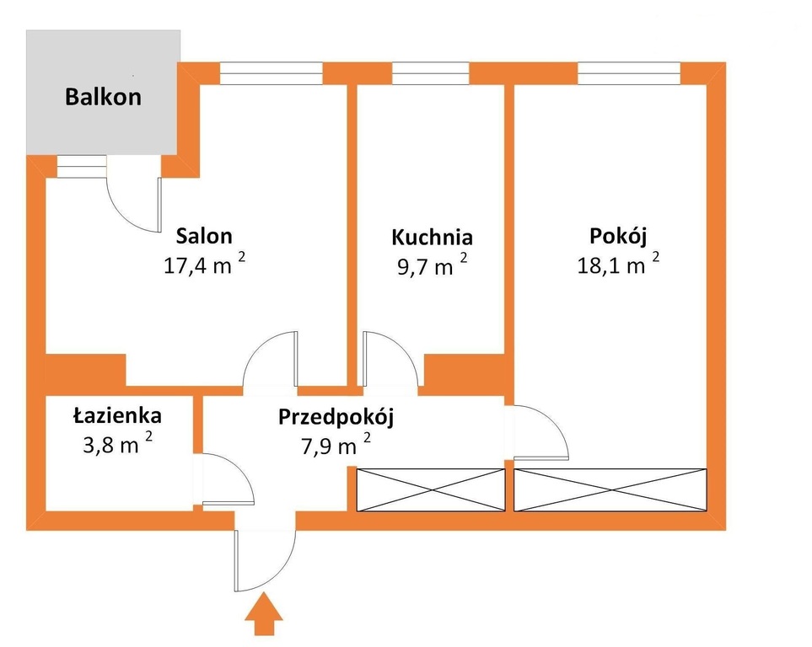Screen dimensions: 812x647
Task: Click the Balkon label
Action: pyautogui.click(x=103, y=97)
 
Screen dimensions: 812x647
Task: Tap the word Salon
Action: pyautogui.click(x=204, y=236)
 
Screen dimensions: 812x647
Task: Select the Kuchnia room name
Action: pyautogui.click(x=432, y=237)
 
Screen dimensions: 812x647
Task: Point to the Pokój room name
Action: pyautogui.click(x=618, y=237)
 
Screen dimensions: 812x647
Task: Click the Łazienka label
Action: pyautogui.click(x=117, y=414)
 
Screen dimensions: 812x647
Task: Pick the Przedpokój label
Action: pyautogui.click(x=336, y=417)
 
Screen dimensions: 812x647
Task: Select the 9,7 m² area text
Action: pyautogui.click(x=432, y=265)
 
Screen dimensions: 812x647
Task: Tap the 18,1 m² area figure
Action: pyautogui.click(x=618, y=264)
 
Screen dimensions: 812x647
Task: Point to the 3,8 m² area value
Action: pyautogui.click(x=117, y=444)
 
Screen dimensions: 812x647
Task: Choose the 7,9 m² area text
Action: pyautogui.click(x=336, y=445)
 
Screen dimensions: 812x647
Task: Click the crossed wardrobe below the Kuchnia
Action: pyautogui.click(x=431, y=490)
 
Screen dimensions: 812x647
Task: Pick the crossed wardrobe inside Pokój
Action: pyautogui.click(x=610, y=490)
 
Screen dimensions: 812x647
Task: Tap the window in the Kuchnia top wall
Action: pyautogui.click(x=431, y=73)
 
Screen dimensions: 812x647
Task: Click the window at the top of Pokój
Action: pyautogui.click(x=629, y=73)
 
